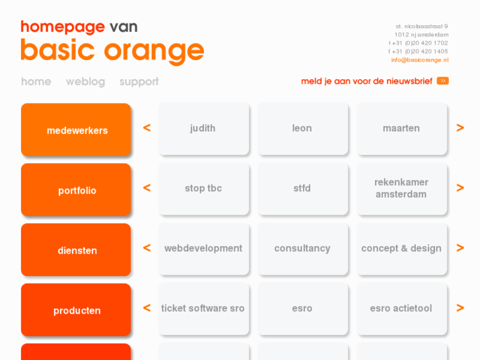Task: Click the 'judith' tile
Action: (203, 129)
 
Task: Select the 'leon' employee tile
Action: (302, 129)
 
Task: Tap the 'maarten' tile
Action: (401, 129)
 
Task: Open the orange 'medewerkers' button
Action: (76, 130)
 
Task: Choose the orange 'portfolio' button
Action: (76, 190)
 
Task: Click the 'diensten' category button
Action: (76, 250)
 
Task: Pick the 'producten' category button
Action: (76, 310)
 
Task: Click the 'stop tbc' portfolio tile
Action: (203, 188)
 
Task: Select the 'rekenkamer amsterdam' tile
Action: (401, 188)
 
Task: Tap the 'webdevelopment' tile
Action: (203, 248)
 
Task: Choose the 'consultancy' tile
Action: (302, 248)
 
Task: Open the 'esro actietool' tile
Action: (401, 308)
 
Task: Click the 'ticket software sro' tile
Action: (203, 308)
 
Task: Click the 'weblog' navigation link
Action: (85, 82)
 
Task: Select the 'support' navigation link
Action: (139, 82)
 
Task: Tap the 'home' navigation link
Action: (36, 82)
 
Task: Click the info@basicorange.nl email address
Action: (419, 60)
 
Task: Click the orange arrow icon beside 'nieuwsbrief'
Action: (442, 81)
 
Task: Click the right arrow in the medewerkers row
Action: (460, 128)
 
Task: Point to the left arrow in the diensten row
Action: (147, 248)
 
